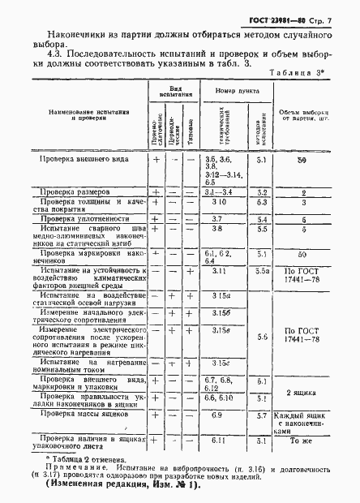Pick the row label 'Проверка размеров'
pos(73,193)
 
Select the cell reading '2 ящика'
pos(301,392)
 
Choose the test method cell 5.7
pos(262,415)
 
